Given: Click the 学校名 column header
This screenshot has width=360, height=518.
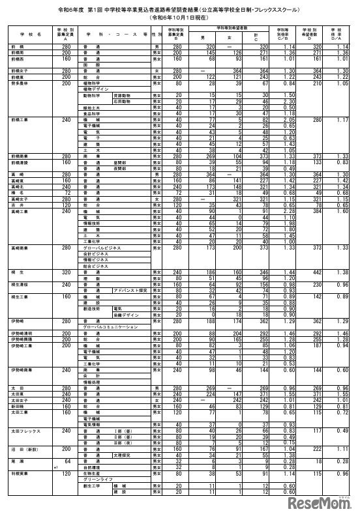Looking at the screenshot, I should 30,32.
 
